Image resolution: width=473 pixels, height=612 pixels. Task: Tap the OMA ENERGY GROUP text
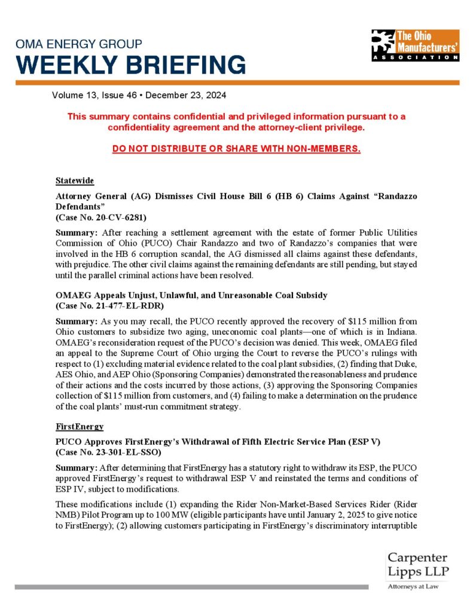[78, 44]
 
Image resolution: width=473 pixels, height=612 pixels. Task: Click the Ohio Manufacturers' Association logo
[414, 45]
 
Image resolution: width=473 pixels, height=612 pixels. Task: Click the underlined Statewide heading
[75, 180]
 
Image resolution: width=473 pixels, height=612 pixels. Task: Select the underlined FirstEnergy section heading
[80, 427]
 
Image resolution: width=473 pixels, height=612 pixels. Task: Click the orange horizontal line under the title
[236, 82]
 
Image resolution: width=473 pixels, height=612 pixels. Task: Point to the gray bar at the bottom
[191, 587]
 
